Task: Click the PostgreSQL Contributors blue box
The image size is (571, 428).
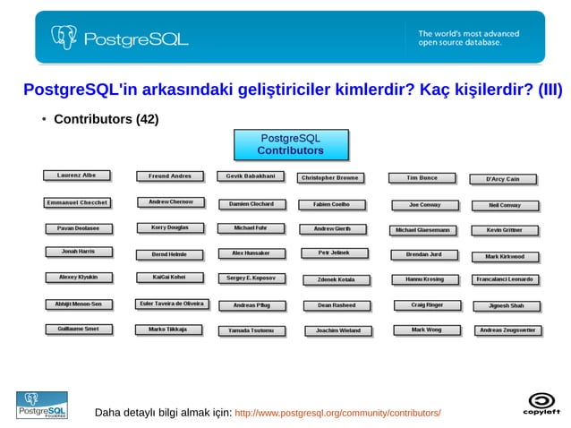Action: point(291,145)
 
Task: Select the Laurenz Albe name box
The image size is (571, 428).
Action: point(77,175)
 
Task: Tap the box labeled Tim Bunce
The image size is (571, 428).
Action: point(422,178)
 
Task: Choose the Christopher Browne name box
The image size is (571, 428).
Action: point(329,178)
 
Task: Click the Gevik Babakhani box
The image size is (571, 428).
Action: point(250,176)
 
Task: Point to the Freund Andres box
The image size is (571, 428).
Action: point(170,176)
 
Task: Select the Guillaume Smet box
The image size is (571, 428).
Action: point(78,330)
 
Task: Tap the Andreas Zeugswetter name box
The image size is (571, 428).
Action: point(507,330)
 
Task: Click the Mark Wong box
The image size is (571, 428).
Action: point(426,330)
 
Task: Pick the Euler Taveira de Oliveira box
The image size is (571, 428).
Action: point(172,304)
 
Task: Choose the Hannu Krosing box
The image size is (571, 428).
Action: point(424,279)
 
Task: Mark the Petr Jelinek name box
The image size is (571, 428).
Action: point(334,253)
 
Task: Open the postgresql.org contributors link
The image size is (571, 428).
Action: point(337,414)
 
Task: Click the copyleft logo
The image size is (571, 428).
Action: point(541,404)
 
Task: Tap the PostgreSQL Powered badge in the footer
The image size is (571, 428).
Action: point(40,405)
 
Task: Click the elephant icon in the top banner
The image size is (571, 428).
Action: point(64,38)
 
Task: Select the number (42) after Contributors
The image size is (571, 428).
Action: point(147,119)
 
